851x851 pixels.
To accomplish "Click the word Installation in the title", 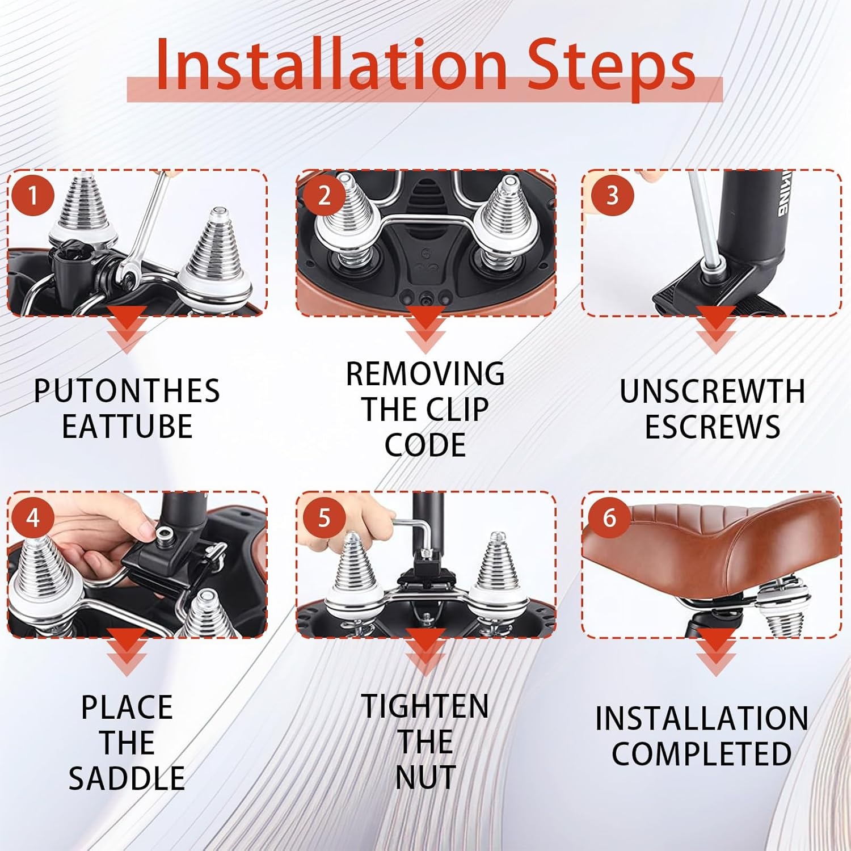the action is (331, 64).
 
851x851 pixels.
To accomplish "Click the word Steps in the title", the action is (612, 67).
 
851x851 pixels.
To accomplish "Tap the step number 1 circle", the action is (32, 196).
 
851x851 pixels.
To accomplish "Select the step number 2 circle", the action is (323, 196).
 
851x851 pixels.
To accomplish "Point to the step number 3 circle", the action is (612, 196).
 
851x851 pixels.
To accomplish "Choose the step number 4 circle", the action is (32, 518).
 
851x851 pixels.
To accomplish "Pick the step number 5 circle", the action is (323, 518).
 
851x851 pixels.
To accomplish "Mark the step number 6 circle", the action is (609, 518).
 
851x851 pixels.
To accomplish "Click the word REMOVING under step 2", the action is (425, 374).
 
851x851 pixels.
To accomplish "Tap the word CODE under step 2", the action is (425, 445).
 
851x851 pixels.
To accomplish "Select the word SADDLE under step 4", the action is (127, 778).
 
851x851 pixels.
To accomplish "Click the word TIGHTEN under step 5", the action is (425, 706).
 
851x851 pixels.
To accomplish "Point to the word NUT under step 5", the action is (425, 777).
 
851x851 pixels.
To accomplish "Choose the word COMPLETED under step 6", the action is (702, 754).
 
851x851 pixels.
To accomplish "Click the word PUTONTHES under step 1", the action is (127, 391).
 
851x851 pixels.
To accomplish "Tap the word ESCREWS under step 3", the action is (713, 427).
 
